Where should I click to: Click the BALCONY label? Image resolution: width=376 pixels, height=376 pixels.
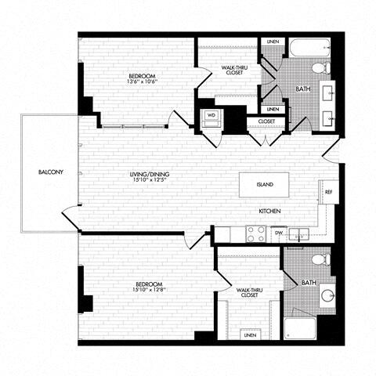tap(39, 172)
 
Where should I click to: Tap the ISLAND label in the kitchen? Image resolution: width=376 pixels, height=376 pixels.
tap(265, 185)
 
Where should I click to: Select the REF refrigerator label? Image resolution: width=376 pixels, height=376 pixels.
tap(329, 190)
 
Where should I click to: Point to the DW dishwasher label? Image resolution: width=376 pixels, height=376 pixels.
tap(278, 233)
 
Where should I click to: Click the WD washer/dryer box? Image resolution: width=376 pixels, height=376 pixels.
tap(211, 115)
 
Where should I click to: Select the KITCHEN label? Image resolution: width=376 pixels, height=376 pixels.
tap(270, 212)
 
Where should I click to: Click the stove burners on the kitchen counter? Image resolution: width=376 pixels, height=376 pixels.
tap(255, 233)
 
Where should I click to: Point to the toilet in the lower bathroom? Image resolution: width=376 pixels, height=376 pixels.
tap(320, 259)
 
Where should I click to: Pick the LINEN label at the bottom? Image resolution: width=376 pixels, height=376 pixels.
tap(249, 334)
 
